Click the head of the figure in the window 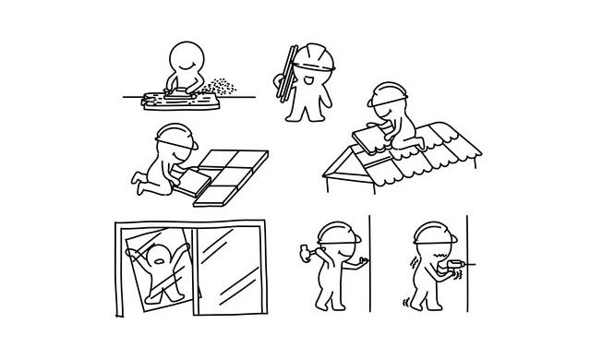click(160, 255)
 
